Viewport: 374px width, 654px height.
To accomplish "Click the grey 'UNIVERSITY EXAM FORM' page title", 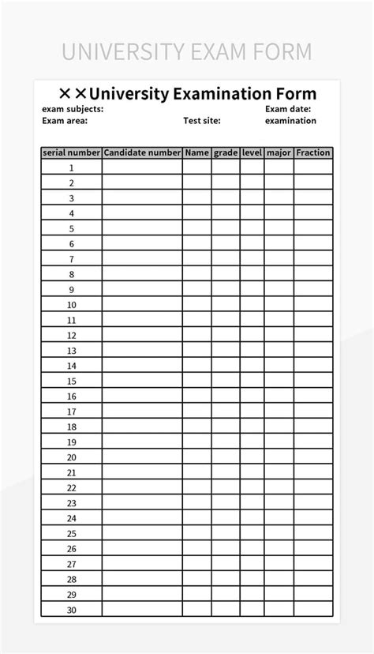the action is coord(187,52).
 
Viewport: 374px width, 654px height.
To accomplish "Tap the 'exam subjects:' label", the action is coord(73,109).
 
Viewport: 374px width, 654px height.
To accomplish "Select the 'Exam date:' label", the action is coord(287,109).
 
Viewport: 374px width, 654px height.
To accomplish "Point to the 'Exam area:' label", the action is coord(65,121).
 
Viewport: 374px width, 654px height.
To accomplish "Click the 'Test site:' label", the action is coord(202,121).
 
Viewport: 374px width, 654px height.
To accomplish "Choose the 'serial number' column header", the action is coord(71,152).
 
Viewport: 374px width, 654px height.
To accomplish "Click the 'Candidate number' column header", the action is coord(142,152).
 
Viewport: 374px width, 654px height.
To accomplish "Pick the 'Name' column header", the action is coord(197,152).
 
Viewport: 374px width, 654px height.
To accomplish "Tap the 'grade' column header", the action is coord(226,152).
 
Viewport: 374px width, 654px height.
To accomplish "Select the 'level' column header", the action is coord(252,152).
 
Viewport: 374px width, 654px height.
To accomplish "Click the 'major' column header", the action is coord(279,152).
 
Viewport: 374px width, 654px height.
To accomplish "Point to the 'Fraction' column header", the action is coord(313,152).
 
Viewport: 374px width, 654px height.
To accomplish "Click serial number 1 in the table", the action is coord(71,167).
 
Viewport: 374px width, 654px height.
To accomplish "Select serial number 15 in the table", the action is coord(71,381).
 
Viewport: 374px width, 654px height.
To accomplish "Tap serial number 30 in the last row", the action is coord(71,610).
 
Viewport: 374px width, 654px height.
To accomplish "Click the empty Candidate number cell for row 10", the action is coord(142,305).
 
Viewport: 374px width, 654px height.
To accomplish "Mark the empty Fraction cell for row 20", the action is coord(313,457).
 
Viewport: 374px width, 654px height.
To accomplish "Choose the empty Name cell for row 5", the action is coord(197,228).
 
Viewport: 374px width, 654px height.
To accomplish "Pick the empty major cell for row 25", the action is coord(279,533).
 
